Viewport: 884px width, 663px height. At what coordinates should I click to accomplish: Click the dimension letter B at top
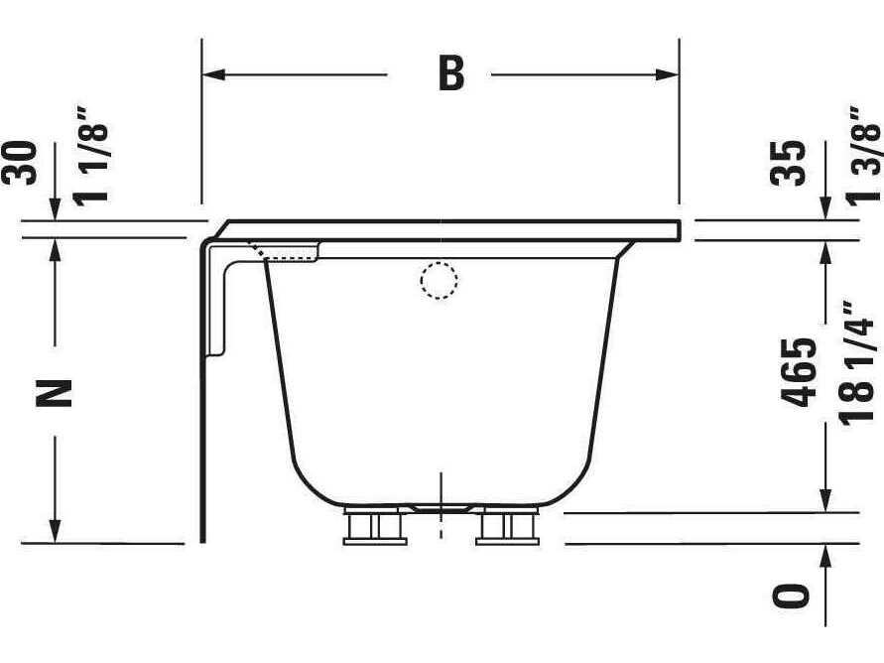click(x=451, y=74)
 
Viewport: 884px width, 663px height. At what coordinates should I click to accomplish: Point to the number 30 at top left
click(x=23, y=162)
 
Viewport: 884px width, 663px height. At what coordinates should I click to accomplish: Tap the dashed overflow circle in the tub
click(x=439, y=281)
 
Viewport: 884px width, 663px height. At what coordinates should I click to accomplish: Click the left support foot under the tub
click(x=375, y=527)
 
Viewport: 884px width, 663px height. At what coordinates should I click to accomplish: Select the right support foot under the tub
click(x=507, y=527)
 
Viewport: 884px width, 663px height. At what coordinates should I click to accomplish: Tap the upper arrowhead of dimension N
click(x=56, y=247)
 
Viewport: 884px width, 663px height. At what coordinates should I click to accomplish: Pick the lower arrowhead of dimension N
click(x=56, y=532)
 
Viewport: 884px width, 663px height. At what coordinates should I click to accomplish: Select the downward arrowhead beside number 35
click(x=826, y=208)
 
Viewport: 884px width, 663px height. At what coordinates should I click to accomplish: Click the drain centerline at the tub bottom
click(x=441, y=506)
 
